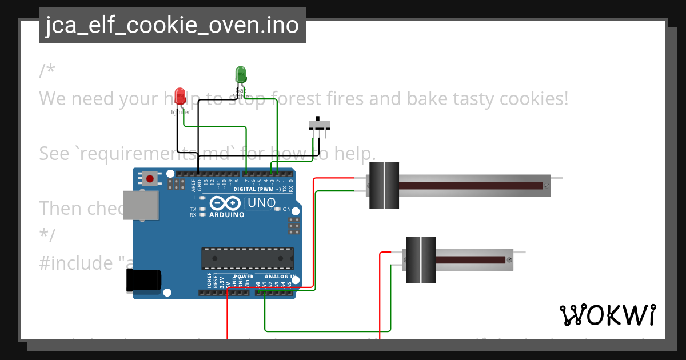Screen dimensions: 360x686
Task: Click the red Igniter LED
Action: pos(180,96)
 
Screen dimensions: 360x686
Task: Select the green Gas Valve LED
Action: pos(241,75)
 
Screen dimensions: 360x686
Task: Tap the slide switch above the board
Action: pos(320,125)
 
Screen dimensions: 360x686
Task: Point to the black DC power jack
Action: pos(143,281)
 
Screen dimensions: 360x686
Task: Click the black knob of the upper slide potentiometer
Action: pos(384,186)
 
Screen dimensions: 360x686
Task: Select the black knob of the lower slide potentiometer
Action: pos(421,259)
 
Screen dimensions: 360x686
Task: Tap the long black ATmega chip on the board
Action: pos(247,258)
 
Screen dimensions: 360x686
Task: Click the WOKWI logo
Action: pos(607,315)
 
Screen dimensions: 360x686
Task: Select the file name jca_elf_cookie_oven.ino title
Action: pos(172,25)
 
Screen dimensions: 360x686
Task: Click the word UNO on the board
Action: pos(261,203)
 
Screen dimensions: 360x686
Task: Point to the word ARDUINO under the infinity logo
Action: pos(226,215)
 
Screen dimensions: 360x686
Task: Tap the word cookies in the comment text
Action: pos(534,99)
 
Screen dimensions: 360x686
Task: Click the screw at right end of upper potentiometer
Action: pos(547,186)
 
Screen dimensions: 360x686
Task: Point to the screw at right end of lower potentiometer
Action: pos(509,260)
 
